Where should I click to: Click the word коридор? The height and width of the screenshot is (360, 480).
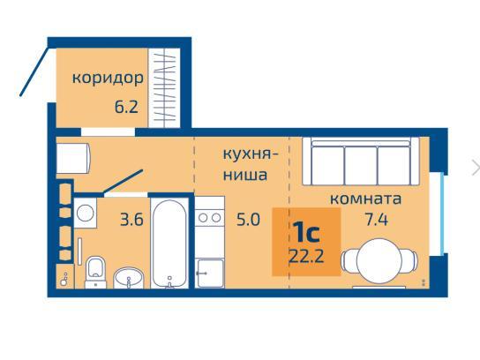108,78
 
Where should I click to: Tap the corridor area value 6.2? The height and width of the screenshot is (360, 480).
126,107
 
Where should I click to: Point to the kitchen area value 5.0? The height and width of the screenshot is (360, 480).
248,220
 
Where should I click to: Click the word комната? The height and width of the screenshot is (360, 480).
366,199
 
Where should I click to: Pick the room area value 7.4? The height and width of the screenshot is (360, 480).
377,220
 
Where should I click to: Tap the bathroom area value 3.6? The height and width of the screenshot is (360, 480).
131,220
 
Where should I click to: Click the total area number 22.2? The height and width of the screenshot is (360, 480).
306,256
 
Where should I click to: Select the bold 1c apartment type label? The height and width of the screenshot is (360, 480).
306,233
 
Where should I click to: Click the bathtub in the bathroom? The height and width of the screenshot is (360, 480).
170,244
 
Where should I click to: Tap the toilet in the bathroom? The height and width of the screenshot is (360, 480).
95,272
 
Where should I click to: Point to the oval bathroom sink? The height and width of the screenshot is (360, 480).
128,277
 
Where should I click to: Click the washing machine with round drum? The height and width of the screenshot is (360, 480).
86,213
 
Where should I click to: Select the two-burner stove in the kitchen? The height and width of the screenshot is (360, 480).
210,218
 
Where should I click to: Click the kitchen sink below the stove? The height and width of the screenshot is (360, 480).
210,273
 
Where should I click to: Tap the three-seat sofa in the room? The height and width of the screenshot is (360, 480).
361,161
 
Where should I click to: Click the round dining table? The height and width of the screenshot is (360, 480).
379,260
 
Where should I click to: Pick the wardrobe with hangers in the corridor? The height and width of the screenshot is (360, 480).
164,87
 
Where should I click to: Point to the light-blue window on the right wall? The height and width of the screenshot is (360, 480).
442,214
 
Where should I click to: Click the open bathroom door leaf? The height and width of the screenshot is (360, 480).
123,182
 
